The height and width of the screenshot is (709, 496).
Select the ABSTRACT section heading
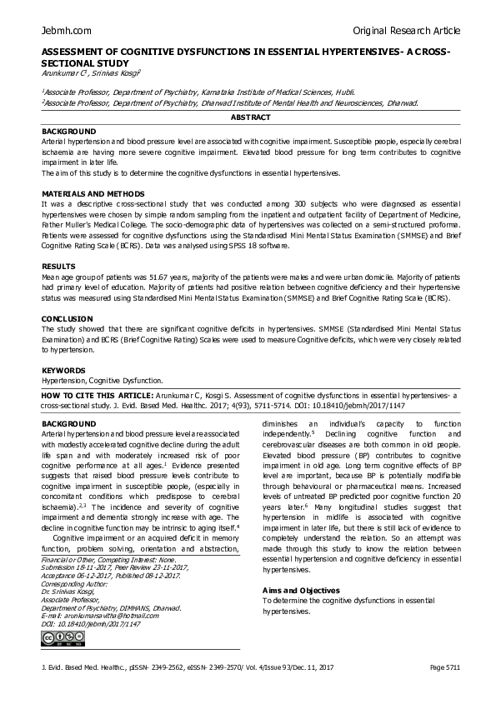point(248,119)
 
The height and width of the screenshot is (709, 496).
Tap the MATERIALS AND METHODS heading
point(86,193)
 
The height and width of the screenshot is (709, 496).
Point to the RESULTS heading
point(58,266)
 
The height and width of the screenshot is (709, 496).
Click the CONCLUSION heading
point(68,318)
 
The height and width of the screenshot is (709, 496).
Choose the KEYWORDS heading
point(63,370)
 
